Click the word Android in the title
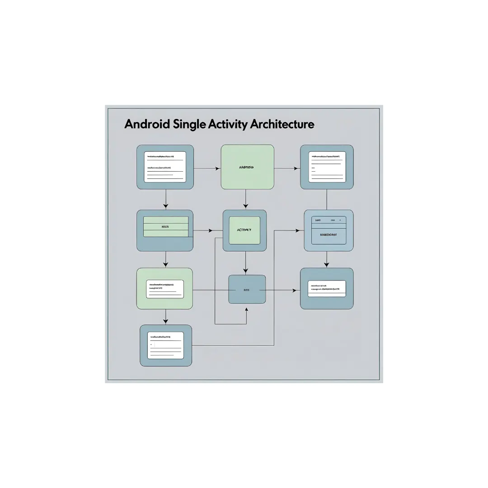(x=147, y=124)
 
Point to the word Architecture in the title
(x=282, y=124)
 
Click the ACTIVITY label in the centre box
(x=244, y=230)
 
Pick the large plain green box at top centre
(x=247, y=167)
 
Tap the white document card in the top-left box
(x=165, y=167)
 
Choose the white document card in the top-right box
(x=327, y=167)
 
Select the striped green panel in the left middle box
(x=165, y=226)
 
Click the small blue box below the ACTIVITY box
(x=247, y=289)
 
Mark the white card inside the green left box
(x=165, y=289)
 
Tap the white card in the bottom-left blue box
(x=165, y=345)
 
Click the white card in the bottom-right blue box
(x=327, y=288)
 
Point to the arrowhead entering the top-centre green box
(x=218, y=169)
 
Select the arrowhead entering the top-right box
(x=297, y=169)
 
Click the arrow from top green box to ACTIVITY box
(x=245, y=199)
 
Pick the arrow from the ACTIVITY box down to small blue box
(x=245, y=262)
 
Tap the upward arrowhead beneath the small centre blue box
(x=246, y=309)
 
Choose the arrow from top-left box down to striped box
(x=166, y=199)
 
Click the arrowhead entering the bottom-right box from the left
(x=297, y=290)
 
